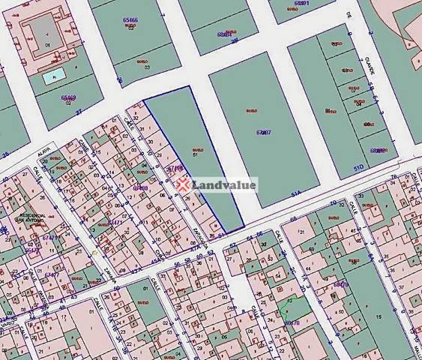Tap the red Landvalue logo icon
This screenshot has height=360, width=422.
(183, 184)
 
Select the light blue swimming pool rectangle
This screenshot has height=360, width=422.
(52, 76)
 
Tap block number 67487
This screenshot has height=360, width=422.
(262, 132)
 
